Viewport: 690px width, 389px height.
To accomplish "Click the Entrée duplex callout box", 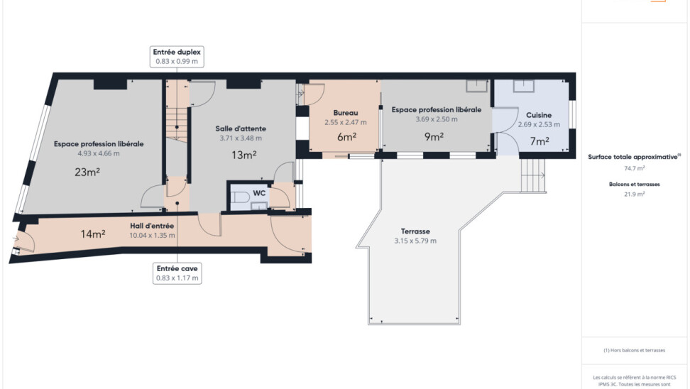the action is [177, 57].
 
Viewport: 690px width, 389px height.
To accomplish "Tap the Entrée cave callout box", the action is [177, 273].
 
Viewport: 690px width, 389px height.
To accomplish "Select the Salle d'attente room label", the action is [241, 128].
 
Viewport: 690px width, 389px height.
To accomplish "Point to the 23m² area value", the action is [87, 172].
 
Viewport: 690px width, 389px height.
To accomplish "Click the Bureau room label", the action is [346, 113].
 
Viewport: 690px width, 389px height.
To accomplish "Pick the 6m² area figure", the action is [346, 137].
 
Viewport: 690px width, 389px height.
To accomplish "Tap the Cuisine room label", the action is [539, 115].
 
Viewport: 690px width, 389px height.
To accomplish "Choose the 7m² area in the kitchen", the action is [540, 141].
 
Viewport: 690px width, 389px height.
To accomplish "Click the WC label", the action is [259, 193].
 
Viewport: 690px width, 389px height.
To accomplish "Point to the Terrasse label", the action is [415, 231].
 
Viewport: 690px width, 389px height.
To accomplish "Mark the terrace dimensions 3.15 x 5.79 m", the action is [415, 241].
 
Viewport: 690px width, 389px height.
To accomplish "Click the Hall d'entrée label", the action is [152, 226].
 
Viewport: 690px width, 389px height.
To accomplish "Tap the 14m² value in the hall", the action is [93, 234].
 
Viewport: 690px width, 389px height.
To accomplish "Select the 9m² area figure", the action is [434, 137].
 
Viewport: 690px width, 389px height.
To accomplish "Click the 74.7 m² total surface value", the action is [635, 168].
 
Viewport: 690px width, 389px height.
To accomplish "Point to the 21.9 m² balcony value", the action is [635, 194].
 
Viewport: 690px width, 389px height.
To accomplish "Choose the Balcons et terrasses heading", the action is [635, 185].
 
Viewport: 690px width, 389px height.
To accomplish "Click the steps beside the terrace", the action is [533, 175].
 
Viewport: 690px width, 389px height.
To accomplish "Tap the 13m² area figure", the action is [244, 155].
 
